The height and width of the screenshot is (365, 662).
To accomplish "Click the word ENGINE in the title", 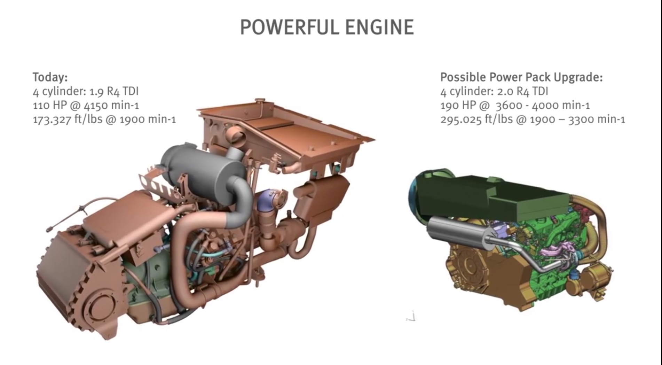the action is (380, 27).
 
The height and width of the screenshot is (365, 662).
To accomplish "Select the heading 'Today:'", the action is (50, 77).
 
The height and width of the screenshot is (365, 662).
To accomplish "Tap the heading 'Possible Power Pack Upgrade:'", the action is (521, 77).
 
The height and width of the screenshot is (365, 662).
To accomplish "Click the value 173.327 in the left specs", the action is (52, 119).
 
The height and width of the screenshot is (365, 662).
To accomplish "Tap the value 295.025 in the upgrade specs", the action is (461, 119).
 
